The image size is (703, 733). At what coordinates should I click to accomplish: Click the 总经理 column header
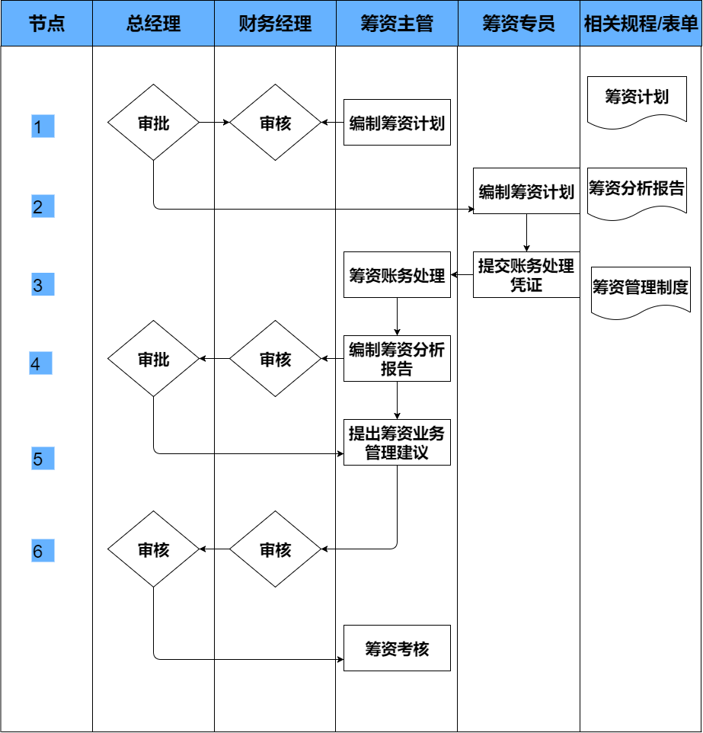[x=153, y=24]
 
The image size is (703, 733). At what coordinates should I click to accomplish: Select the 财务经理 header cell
[x=275, y=24]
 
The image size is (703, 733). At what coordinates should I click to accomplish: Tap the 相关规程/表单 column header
[x=641, y=24]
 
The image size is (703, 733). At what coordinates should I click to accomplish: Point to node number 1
[x=43, y=126]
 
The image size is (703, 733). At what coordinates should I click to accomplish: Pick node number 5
[x=43, y=459]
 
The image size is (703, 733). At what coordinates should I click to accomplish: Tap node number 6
[x=43, y=550]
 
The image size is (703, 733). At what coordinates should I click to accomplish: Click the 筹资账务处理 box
[x=397, y=274]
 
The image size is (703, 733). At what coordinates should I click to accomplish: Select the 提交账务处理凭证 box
[x=526, y=274]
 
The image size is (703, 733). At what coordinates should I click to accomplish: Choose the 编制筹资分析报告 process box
[x=397, y=358]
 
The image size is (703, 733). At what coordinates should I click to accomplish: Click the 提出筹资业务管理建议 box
[x=397, y=442]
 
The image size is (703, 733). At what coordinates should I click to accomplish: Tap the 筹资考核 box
[x=397, y=648]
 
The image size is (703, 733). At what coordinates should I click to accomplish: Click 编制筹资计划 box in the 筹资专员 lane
[x=526, y=191]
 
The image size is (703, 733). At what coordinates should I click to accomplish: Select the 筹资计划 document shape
[x=636, y=99]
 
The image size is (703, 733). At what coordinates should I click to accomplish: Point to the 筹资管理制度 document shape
[x=640, y=290]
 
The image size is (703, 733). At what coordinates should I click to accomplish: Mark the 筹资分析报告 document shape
[x=636, y=190]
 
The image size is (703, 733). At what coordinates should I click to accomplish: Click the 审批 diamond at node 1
[x=153, y=123]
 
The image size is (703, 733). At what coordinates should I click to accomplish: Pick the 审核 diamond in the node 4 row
[x=275, y=359]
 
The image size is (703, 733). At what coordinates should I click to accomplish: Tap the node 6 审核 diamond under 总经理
[x=153, y=549]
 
